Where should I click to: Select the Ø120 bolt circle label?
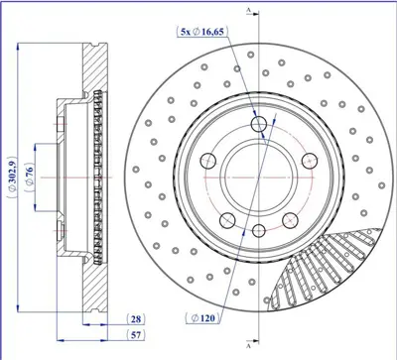[200, 317]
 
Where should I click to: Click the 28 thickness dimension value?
[136, 317]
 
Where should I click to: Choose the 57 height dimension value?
[136, 336]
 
